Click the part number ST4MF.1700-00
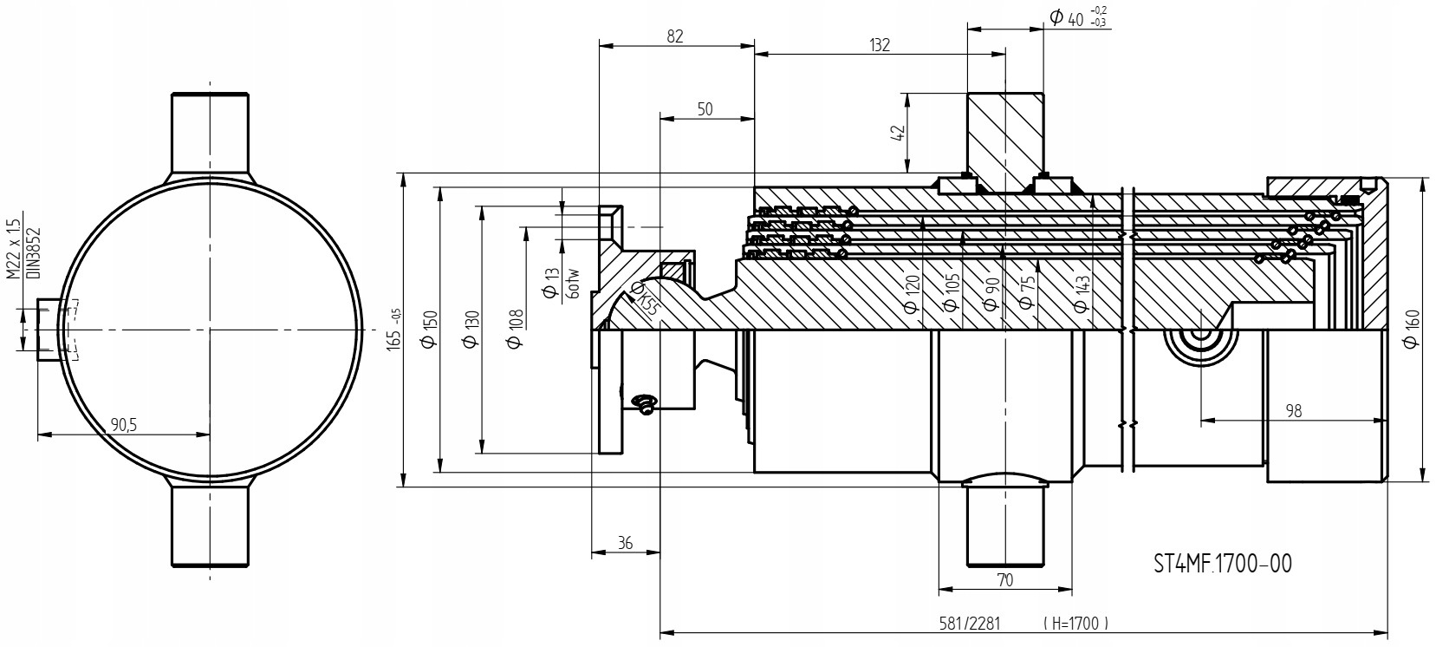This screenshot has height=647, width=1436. pyautogui.click(x=1222, y=565)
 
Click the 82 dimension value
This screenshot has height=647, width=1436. pyautogui.click(x=676, y=36)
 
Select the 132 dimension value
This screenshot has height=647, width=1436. pyautogui.click(x=880, y=45)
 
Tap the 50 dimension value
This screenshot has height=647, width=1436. pyautogui.click(x=705, y=108)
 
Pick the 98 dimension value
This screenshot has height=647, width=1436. pyautogui.click(x=1293, y=411)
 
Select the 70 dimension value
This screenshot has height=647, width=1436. pyautogui.click(x=1005, y=581)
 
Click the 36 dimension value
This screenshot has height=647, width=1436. pyautogui.click(x=625, y=544)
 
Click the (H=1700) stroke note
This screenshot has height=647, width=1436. pyautogui.click(x=1076, y=623)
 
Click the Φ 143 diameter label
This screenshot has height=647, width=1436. pyautogui.click(x=1081, y=294)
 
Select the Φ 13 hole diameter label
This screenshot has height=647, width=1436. pyautogui.click(x=550, y=284)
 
